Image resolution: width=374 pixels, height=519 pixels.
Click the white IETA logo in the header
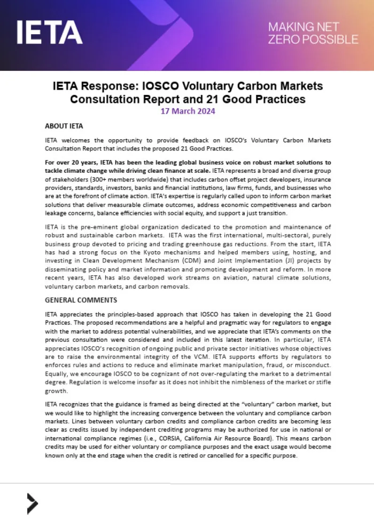click(49, 33)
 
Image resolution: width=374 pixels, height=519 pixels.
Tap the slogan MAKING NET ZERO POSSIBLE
click(313, 33)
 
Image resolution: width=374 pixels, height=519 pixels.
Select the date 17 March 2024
click(188, 111)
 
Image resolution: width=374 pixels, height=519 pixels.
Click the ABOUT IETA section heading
click(64, 126)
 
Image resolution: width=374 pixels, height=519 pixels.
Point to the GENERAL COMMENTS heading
click(81, 300)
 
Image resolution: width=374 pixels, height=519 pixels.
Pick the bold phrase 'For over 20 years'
click(71, 162)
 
